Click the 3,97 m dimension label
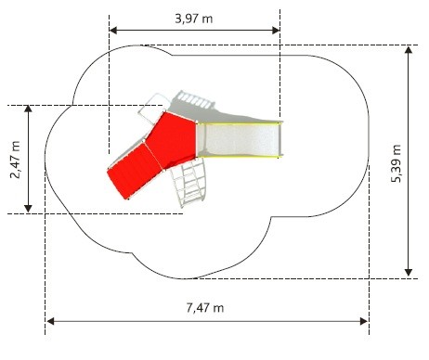[x=194, y=19]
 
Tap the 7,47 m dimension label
[x=205, y=308]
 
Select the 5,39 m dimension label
[x=396, y=163]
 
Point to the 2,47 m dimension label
[x=15, y=160]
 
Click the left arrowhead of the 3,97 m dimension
[x=113, y=31]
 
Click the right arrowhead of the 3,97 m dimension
[x=276, y=31]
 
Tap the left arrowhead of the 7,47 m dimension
[x=50, y=321]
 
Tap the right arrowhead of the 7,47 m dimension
[x=364, y=321]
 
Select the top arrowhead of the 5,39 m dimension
[x=409, y=50]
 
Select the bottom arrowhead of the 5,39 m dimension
[x=409, y=272]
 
